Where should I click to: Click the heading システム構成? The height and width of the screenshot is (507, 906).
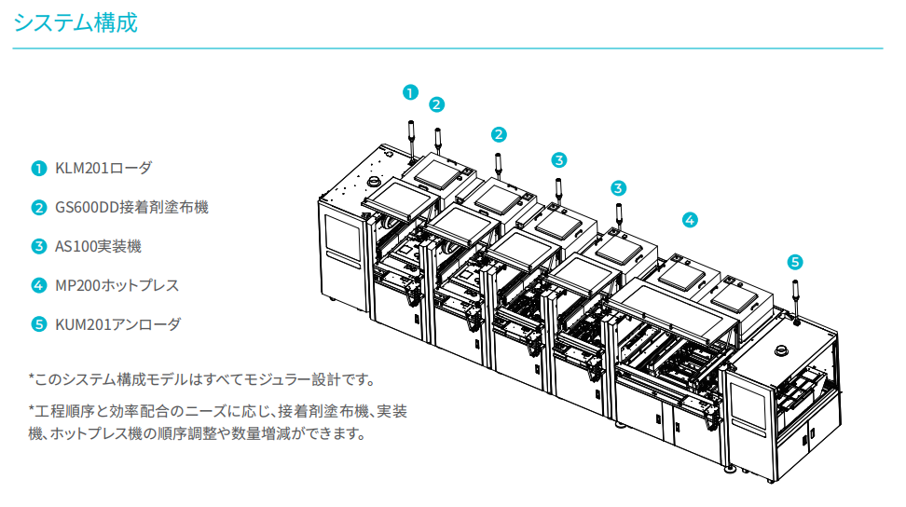[x=75, y=23]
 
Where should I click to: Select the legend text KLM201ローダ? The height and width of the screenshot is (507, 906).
[x=103, y=169]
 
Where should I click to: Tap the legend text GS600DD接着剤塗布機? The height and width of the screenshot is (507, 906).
[x=131, y=207]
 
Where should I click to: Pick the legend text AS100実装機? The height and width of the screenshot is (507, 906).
[x=99, y=246]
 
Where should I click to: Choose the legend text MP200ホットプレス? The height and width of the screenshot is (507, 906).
[x=117, y=285]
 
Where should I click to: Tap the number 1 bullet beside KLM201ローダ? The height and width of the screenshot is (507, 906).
[x=38, y=169]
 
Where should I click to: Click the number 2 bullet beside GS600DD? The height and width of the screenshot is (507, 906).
[x=38, y=207]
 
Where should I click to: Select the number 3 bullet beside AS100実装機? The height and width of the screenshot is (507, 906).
[x=38, y=246]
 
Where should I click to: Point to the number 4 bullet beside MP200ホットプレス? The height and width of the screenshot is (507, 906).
[x=38, y=285]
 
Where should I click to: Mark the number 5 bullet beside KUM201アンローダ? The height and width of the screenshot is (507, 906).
[x=38, y=324]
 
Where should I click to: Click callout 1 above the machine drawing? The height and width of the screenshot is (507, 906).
[x=410, y=91]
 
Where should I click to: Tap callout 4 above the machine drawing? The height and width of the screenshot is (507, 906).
[x=689, y=221]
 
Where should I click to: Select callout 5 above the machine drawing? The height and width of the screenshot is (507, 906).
[x=794, y=262]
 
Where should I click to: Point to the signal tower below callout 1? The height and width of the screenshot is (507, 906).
[x=411, y=140]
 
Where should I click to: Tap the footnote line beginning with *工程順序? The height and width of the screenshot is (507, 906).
[x=217, y=410]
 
